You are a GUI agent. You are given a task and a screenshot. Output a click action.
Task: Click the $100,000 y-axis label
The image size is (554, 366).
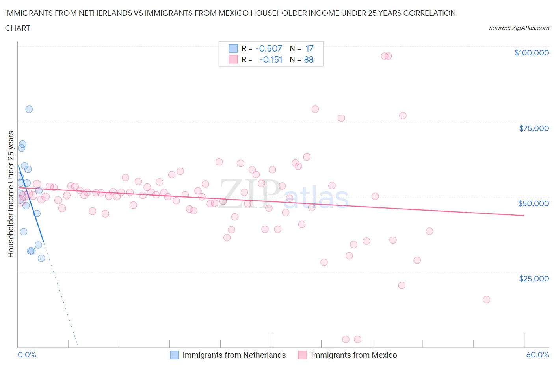point(531,53)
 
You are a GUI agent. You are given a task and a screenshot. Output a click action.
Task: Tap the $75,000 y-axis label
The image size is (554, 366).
point(534,128)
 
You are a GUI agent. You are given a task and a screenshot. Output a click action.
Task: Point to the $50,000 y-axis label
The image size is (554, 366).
point(533,203)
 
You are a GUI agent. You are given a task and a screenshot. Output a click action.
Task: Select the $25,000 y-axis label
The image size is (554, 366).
point(534,279)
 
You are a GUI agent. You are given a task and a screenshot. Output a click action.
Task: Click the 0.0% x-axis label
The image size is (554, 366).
point(27,355)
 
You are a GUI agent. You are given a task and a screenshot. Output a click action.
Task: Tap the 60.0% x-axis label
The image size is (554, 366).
point(537,355)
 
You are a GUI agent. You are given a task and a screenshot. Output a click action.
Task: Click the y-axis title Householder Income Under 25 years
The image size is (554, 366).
point(11,194)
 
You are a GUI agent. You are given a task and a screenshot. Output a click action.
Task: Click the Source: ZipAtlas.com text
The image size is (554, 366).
point(519,28)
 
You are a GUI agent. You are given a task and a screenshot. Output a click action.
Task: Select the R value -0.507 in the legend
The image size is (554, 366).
point(269,48)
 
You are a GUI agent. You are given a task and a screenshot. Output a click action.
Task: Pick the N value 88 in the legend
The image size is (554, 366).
point(309,60)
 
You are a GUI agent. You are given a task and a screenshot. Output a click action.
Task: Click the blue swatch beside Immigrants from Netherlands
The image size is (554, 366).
point(174,355)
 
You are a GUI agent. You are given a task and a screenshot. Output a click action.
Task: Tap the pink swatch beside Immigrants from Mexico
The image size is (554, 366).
point(302,355)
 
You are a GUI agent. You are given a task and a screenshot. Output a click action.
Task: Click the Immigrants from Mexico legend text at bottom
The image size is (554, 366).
point(354,355)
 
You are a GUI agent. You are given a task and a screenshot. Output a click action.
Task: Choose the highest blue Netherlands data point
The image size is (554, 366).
point(29,109)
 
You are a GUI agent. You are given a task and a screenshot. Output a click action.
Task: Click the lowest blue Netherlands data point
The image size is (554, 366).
point(41,258)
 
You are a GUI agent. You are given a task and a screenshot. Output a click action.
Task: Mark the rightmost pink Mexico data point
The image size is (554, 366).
point(486,299)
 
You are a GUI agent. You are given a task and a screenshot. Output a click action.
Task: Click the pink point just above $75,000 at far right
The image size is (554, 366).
point(403,116)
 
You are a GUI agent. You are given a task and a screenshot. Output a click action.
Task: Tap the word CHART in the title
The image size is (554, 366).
point(18,28)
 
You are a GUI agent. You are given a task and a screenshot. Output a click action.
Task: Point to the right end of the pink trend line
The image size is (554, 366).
point(524,215)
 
